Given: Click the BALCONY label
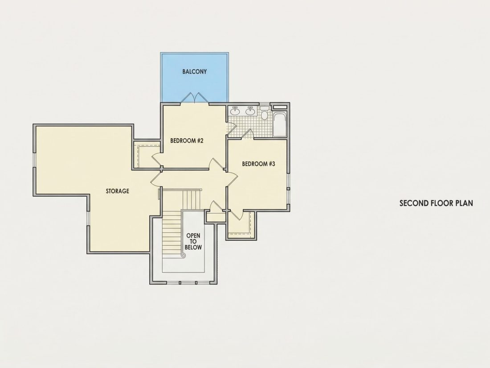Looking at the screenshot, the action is (194, 71).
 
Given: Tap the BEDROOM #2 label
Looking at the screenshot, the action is (187, 141).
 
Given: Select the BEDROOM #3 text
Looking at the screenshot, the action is (258, 164).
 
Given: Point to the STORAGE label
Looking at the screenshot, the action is (117, 191).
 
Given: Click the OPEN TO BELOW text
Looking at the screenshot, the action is (193, 241).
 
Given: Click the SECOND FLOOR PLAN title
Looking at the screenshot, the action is (436, 203).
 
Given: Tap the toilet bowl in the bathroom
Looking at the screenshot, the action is (264, 116).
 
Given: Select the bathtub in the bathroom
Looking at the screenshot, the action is (280, 125).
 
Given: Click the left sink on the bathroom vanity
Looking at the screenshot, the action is (235, 111).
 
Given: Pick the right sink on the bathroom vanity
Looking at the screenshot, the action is (250, 111).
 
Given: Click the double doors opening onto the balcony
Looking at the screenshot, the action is (195, 98).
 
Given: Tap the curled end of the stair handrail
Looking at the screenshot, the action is (184, 256).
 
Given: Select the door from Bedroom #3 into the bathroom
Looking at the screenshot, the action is (249, 134).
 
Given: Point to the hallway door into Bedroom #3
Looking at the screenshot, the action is (232, 179).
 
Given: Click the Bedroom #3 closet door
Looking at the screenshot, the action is (236, 215).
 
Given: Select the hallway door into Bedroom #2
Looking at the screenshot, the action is (217, 164).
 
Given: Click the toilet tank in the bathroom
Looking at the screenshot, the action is (264, 108).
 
